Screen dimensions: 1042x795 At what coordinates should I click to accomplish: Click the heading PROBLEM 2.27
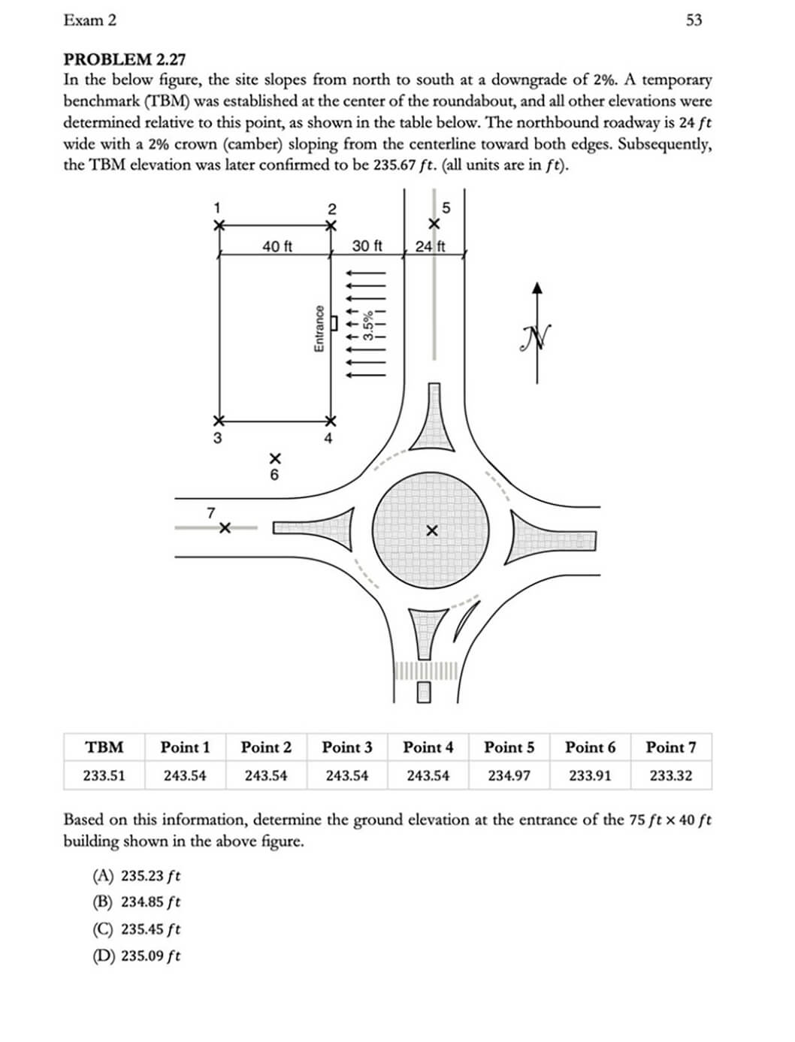pos(124,59)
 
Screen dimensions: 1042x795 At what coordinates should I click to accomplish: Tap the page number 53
pos(694,20)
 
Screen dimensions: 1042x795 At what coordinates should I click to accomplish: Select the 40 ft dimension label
pos(277,246)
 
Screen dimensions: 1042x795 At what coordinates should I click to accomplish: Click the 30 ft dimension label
pos(367,246)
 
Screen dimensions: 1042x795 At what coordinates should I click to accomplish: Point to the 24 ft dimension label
pos(431,246)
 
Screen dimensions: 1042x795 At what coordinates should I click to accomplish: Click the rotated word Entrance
pos(319,328)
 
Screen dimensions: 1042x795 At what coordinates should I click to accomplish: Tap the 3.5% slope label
pos(368,327)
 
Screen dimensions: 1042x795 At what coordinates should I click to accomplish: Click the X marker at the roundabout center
pos(431,531)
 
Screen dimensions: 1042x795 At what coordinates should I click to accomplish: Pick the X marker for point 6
pos(275,458)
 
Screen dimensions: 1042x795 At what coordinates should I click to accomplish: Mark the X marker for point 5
pos(434,224)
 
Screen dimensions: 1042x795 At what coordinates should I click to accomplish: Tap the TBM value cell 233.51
pos(104,775)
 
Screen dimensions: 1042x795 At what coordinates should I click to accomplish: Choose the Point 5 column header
pos(509,748)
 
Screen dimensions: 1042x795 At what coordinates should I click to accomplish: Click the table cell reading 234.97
pos(509,775)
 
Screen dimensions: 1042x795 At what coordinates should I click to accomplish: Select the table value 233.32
pos(670,775)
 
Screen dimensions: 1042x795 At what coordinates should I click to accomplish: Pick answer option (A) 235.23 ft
pos(136,876)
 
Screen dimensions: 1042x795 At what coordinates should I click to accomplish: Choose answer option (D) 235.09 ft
pos(136,956)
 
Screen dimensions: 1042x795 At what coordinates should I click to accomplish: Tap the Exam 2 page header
pos(90,20)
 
